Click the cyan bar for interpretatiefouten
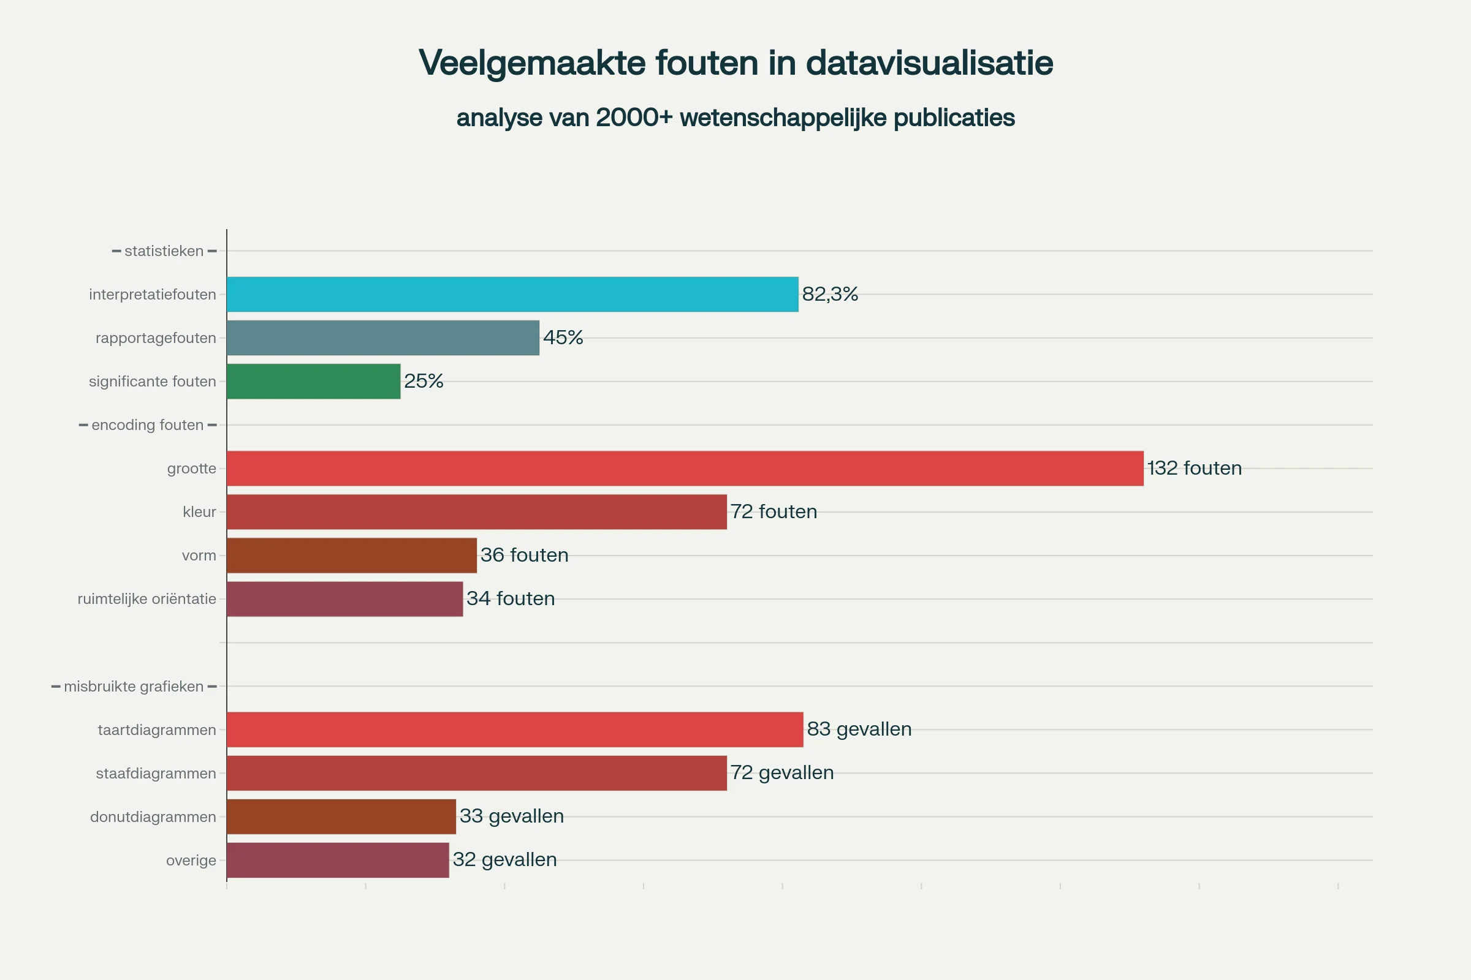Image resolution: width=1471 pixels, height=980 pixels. pos(512,295)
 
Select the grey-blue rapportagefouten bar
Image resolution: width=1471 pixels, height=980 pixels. pos(382,338)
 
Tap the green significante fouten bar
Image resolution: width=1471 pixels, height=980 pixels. pos(313,381)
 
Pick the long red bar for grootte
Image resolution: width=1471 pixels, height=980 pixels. pos(685,468)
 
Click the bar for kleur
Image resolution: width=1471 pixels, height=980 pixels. pos(477,512)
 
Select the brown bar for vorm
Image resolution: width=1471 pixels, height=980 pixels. pos(351,556)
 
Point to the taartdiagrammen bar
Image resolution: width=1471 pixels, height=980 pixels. pos(515,729)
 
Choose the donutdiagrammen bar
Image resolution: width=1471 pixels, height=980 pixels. pos(341,816)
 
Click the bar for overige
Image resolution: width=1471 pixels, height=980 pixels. pos(338,860)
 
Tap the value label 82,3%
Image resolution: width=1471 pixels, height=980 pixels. pos(830,294)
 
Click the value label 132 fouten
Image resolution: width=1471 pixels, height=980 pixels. pos(1194,468)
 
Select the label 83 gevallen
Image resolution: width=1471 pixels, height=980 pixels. pos(859,729)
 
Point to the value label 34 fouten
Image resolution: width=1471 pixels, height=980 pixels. pos(511,599)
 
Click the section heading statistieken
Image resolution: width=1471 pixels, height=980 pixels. pos(164,251)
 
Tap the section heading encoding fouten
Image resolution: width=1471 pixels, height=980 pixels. pos(148,425)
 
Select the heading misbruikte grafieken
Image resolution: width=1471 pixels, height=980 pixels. pos(133,686)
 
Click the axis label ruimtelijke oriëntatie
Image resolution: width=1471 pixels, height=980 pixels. pos(147,599)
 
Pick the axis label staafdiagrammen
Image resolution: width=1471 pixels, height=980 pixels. pos(156,773)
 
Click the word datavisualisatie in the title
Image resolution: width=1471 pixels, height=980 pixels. pos(929,63)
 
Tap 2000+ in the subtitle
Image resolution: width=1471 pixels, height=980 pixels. pos(634,118)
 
